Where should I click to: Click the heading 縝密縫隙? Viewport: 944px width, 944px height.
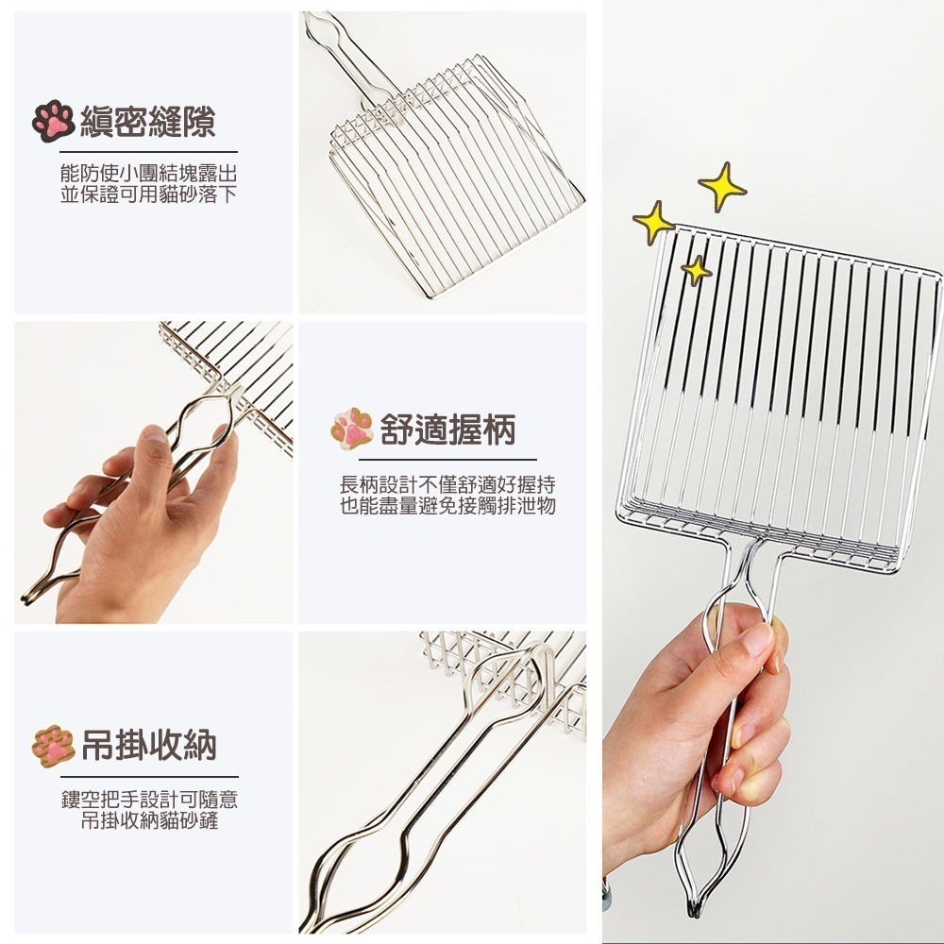click(x=148, y=122)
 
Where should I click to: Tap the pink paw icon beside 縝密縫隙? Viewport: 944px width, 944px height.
click(x=53, y=122)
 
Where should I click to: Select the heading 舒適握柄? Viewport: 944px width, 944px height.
click(x=447, y=430)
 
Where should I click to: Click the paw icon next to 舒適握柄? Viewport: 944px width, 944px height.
click(x=352, y=430)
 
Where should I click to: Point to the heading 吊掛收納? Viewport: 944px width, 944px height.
click(x=148, y=745)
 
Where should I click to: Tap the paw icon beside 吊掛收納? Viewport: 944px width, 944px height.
click(x=53, y=745)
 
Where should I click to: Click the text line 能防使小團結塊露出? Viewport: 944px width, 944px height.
click(x=148, y=176)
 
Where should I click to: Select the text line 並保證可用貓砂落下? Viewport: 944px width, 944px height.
click(x=148, y=194)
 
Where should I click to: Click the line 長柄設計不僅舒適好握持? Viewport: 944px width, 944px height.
click(x=447, y=486)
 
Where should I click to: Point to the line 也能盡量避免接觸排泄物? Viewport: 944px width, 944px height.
click(x=447, y=506)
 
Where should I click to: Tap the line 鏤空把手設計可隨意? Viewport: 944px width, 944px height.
click(x=149, y=801)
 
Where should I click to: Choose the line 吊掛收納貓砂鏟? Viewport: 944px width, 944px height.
click(x=149, y=820)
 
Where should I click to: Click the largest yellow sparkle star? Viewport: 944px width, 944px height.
click(x=722, y=187)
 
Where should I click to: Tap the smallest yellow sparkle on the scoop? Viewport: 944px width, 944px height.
click(x=697, y=271)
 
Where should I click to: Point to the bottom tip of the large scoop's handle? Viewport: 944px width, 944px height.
click(x=696, y=911)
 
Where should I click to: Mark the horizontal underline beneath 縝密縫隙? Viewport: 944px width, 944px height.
click(x=148, y=151)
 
